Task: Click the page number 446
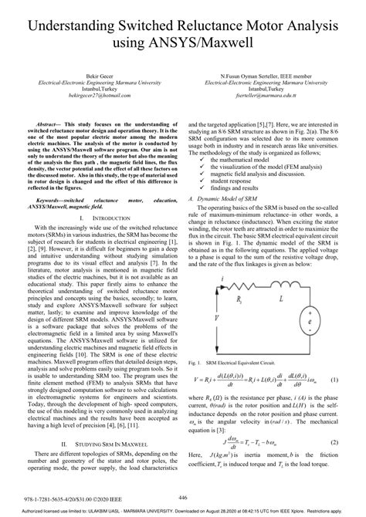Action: click(x=182, y=498)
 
